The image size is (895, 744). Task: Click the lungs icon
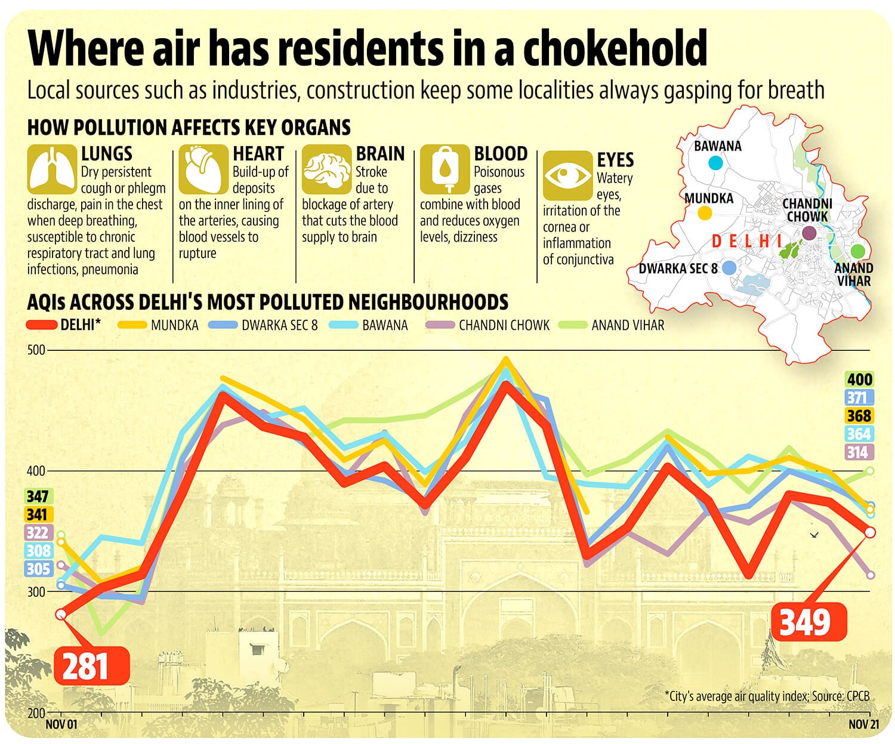click(x=52, y=169)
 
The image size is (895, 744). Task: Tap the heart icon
click(x=203, y=169)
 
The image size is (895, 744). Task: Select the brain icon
click(x=326, y=169)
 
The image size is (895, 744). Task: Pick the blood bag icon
click(x=445, y=169)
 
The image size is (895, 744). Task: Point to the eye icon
click(x=567, y=175)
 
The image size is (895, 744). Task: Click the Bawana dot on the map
click(x=715, y=163)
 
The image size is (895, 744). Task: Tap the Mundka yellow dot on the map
click(x=705, y=212)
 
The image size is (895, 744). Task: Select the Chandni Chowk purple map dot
click(x=809, y=233)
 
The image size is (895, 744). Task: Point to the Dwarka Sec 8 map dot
click(x=729, y=268)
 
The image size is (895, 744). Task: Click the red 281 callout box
click(x=92, y=666)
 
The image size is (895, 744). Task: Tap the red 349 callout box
click(x=809, y=622)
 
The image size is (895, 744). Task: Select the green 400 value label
click(x=859, y=379)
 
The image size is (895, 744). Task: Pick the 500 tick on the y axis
click(x=36, y=350)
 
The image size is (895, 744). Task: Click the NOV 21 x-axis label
click(x=864, y=724)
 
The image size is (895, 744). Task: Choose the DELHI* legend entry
click(x=63, y=325)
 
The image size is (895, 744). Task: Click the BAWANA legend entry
click(x=369, y=325)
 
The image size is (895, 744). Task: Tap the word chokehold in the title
click(x=615, y=47)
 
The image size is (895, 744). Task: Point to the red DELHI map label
click(x=746, y=241)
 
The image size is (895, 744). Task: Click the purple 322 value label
click(x=37, y=533)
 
